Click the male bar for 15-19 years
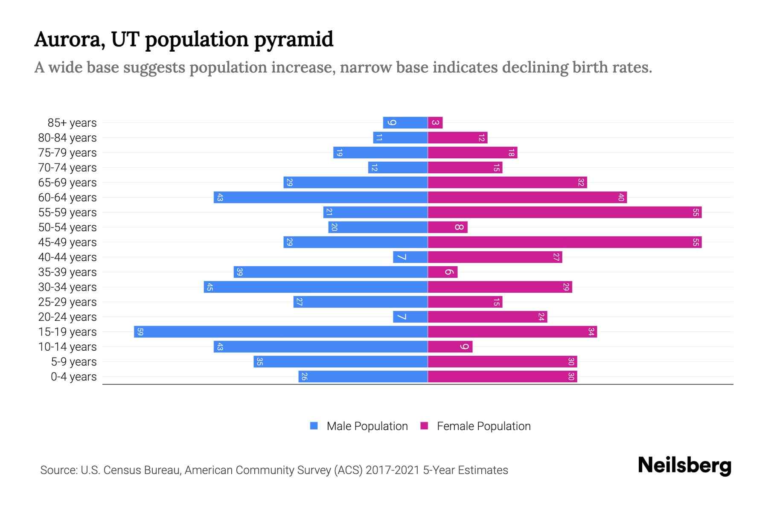pyautogui.click(x=281, y=332)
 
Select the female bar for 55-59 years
pyautogui.click(x=564, y=212)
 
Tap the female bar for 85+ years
pyautogui.click(x=435, y=122)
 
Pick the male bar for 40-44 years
pyautogui.click(x=410, y=257)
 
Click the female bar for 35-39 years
pyautogui.click(x=442, y=272)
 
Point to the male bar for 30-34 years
pyautogui.click(x=316, y=287)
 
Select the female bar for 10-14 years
pyautogui.click(x=450, y=346)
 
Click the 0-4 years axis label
pyautogui.click(x=73, y=377)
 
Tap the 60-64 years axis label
pyautogui.click(x=67, y=198)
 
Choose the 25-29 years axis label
pyautogui.click(x=67, y=302)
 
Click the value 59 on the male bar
pyautogui.click(x=140, y=332)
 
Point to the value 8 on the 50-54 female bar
pyautogui.click(x=459, y=227)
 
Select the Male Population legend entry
pyautogui.click(x=367, y=426)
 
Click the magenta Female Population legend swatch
pyautogui.click(x=424, y=426)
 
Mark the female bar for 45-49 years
pyautogui.click(x=564, y=242)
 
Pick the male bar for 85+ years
pyautogui.click(x=405, y=122)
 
